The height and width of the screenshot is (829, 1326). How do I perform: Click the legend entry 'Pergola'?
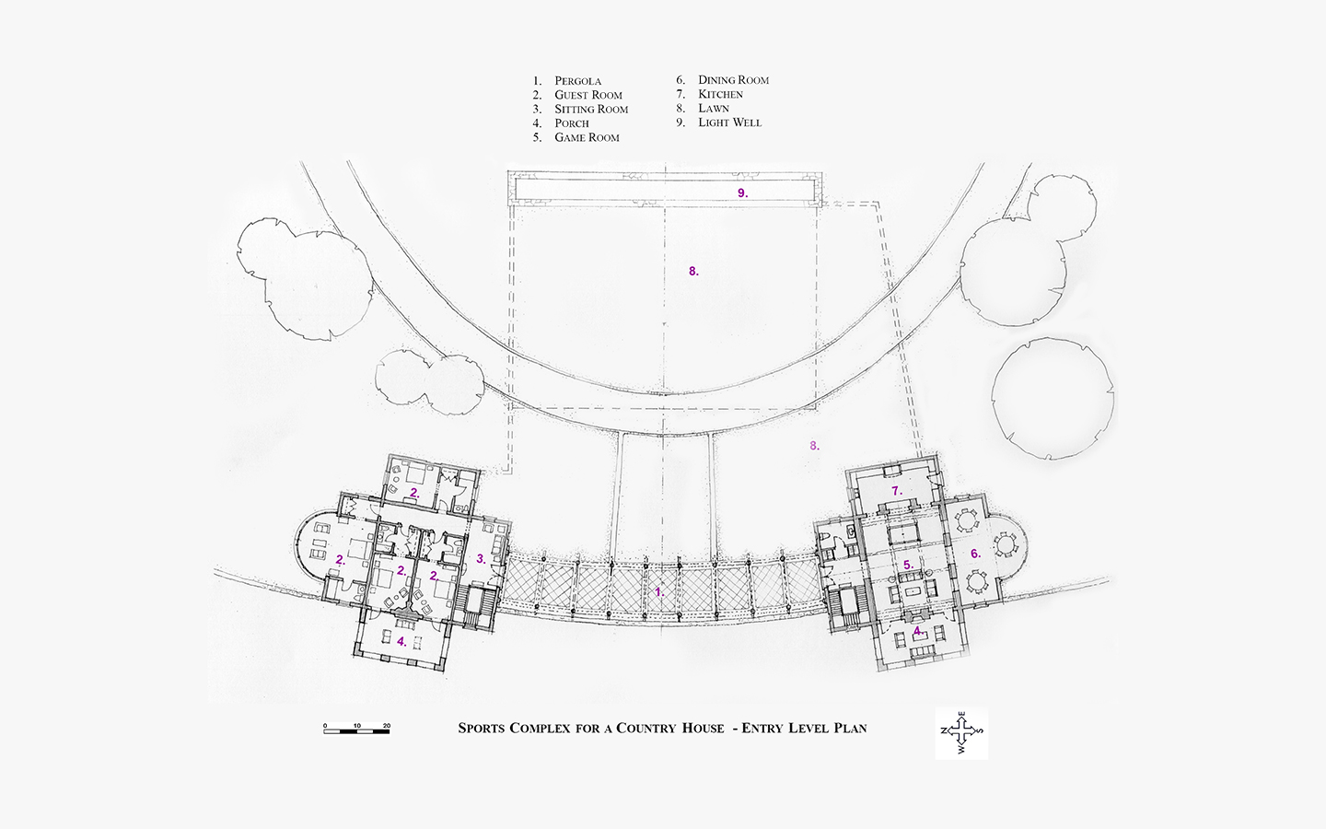click(577, 81)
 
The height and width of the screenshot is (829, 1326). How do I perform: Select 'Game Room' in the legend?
click(587, 138)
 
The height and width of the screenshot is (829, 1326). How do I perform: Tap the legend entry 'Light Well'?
click(730, 123)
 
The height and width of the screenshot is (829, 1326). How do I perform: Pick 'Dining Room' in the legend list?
click(733, 80)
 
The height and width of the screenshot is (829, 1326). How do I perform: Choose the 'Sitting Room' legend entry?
click(591, 110)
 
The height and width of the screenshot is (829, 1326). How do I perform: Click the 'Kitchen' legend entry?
click(720, 94)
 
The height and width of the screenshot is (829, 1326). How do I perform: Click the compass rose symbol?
click(962, 732)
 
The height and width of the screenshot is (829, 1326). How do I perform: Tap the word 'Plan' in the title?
click(850, 729)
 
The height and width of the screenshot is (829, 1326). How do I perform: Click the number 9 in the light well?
click(742, 193)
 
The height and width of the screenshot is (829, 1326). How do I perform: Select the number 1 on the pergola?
click(659, 591)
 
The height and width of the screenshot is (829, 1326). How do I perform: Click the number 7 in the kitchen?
click(897, 491)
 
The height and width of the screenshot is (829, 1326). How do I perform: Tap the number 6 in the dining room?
click(975, 555)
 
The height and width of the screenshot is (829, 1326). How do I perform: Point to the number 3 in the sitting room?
click(482, 559)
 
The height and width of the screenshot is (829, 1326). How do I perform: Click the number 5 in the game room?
click(908, 566)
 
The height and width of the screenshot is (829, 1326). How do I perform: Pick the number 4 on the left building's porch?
click(401, 641)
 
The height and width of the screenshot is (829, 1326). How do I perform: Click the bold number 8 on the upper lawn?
click(693, 271)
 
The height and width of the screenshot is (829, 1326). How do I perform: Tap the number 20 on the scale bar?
click(387, 725)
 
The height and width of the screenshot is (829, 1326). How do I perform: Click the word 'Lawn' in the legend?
click(714, 109)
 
